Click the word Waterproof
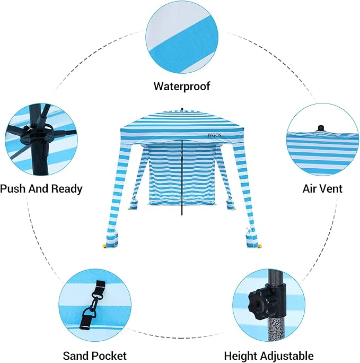pos(182,87)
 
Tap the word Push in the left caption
pos(13,188)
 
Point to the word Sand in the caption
pos(76,356)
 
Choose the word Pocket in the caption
pos(109,356)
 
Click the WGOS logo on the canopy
pos(214,135)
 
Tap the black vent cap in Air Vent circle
pos(321,128)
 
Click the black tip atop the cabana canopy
pos(182,109)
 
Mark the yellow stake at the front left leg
pos(105,246)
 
